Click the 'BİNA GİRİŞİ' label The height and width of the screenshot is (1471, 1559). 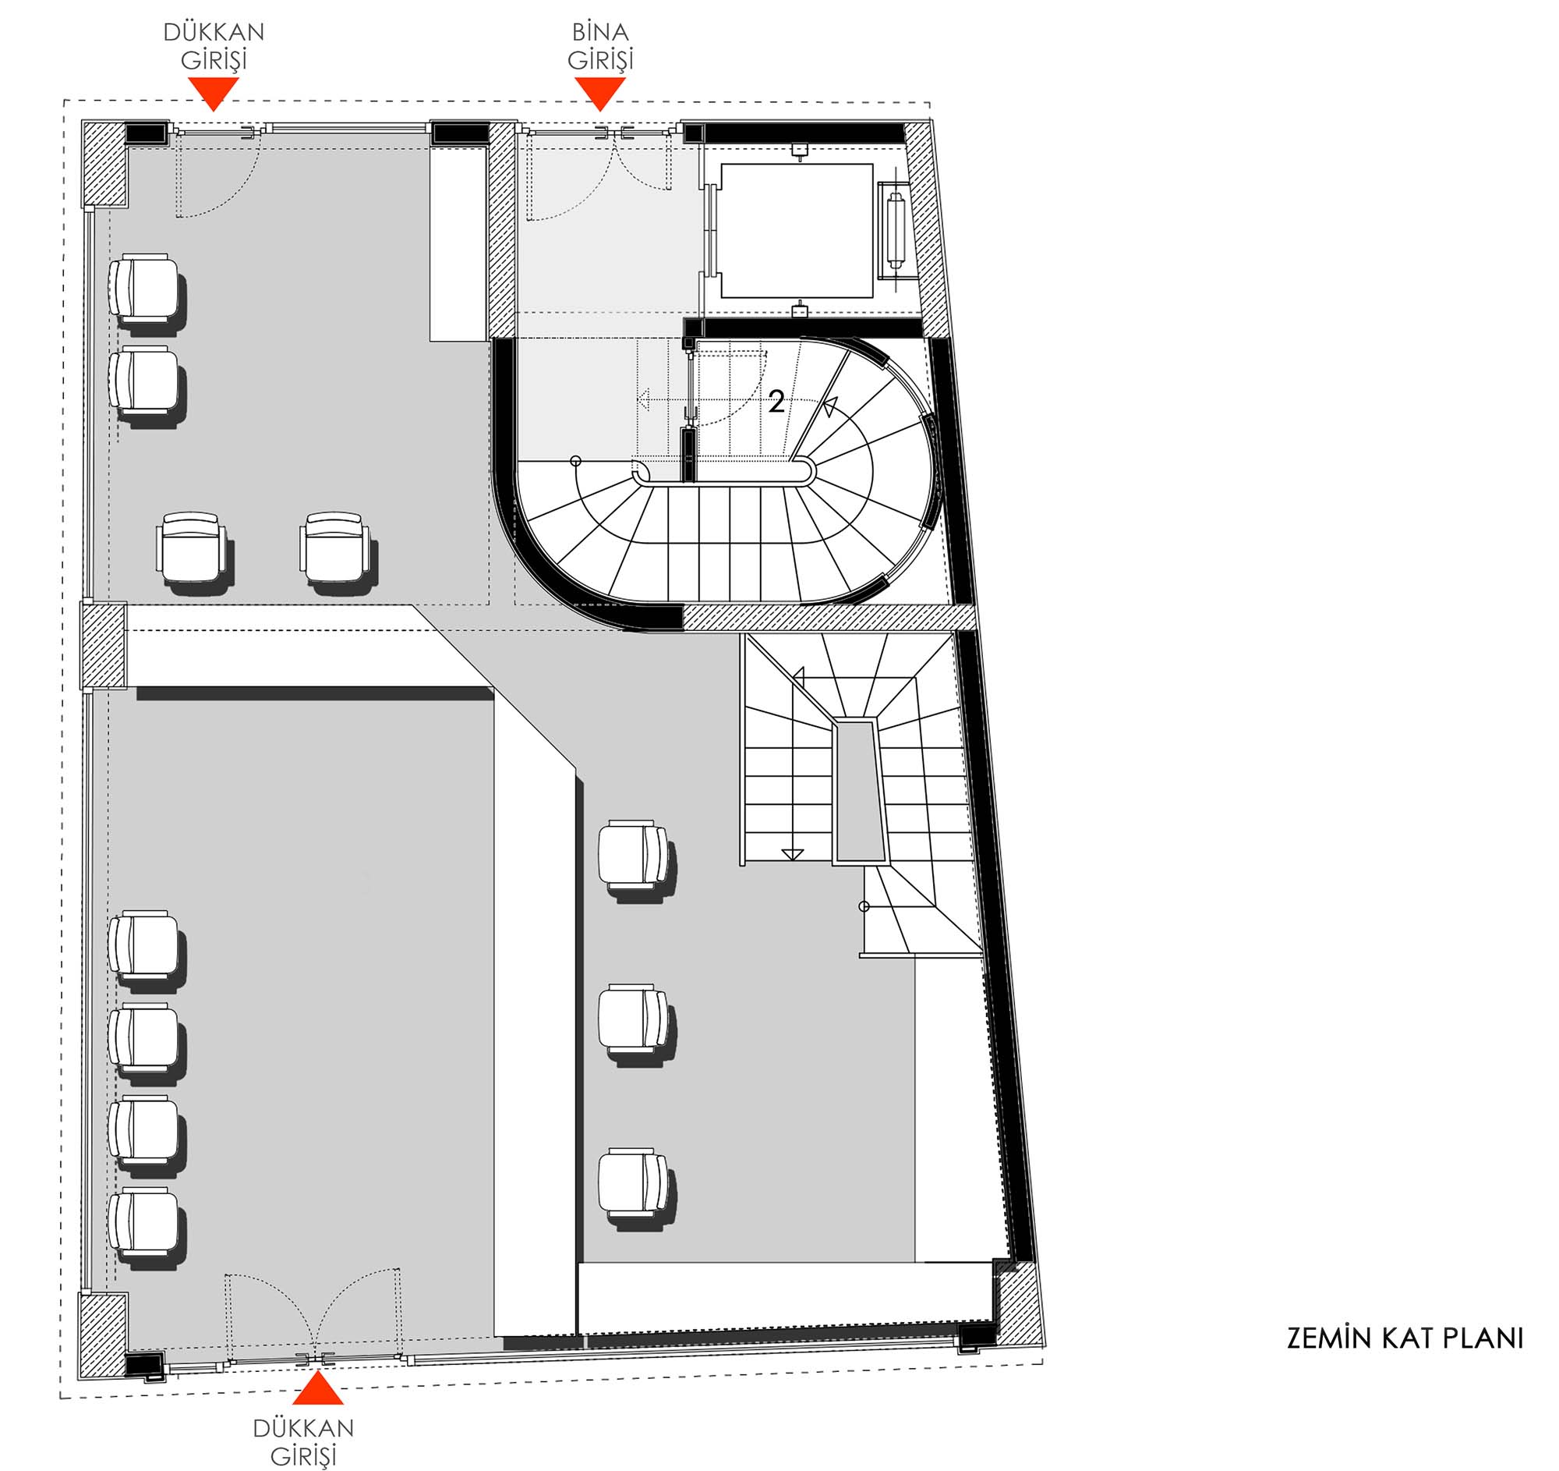[601, 45]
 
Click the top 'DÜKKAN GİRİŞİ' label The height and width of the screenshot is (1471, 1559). [214, 45]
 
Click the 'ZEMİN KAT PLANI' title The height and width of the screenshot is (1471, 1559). [1405, 1338]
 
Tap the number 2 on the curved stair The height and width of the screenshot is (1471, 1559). [776, 402]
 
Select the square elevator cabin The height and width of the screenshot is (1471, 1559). [797, 231]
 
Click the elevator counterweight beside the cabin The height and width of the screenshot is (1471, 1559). [895, 232]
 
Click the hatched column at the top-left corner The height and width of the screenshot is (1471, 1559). [104, 163]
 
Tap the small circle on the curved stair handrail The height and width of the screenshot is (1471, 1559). [575, 460]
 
